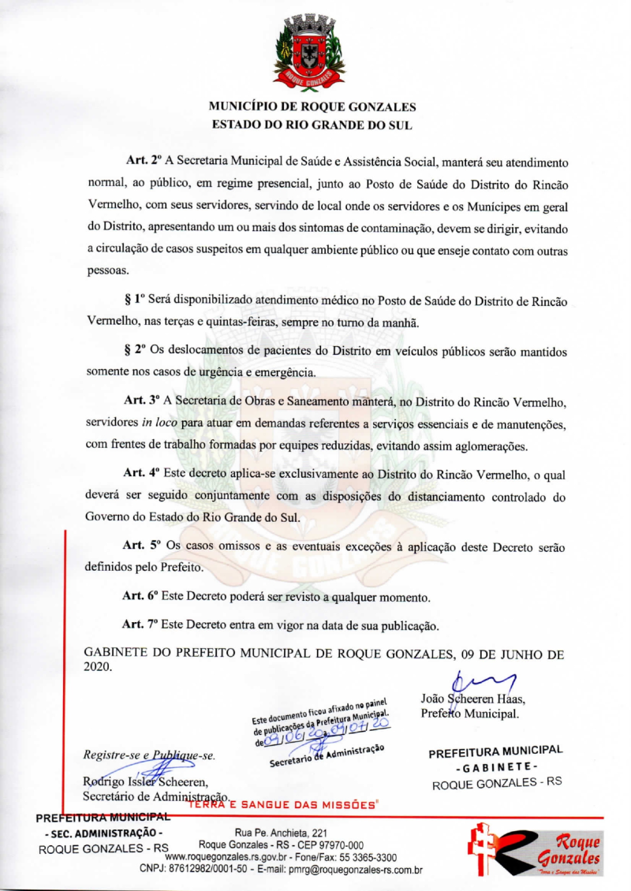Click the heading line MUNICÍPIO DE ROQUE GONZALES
(x=312, y=106)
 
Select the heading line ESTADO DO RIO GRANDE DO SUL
(x=312, y=124)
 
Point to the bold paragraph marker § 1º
(x=137, y=302)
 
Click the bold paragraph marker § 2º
(x=137, y=350)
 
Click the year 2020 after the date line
(x=98, y=668)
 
